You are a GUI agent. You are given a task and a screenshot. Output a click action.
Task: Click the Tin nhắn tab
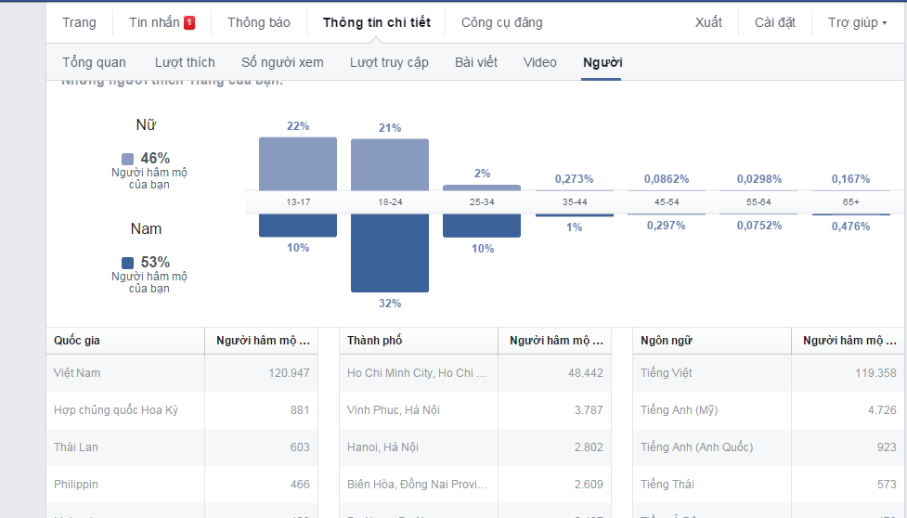pos(154,22)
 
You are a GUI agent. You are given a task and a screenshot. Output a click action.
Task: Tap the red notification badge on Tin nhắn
pos(189,22)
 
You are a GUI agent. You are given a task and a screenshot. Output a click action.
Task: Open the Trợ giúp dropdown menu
pos(857,22)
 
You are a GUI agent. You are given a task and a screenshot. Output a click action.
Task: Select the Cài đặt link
pos(774,22)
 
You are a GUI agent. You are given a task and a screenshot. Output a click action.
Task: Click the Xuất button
pos(708,22)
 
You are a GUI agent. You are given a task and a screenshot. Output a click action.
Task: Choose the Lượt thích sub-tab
pos(185,62)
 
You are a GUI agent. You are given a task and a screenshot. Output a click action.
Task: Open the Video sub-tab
pos(539,62)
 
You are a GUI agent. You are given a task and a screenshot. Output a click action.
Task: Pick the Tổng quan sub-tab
pos(94,62)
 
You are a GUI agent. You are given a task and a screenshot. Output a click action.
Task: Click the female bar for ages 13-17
pos(297,164)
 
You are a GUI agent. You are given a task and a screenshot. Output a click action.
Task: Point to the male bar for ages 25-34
pos(481,226)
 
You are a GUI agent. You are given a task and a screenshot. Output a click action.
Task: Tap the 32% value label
pos(389,304)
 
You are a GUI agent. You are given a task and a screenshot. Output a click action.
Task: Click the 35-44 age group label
pos(574,201)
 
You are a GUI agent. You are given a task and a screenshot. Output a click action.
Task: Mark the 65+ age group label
pos(850,201)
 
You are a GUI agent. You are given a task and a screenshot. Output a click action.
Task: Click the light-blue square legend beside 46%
pos(128,159)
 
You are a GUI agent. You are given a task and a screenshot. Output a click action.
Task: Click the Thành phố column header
pos(375,341)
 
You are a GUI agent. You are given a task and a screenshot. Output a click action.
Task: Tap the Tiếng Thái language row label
pos(667,484)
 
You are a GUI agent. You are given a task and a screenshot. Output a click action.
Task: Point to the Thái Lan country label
pos(76,447)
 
